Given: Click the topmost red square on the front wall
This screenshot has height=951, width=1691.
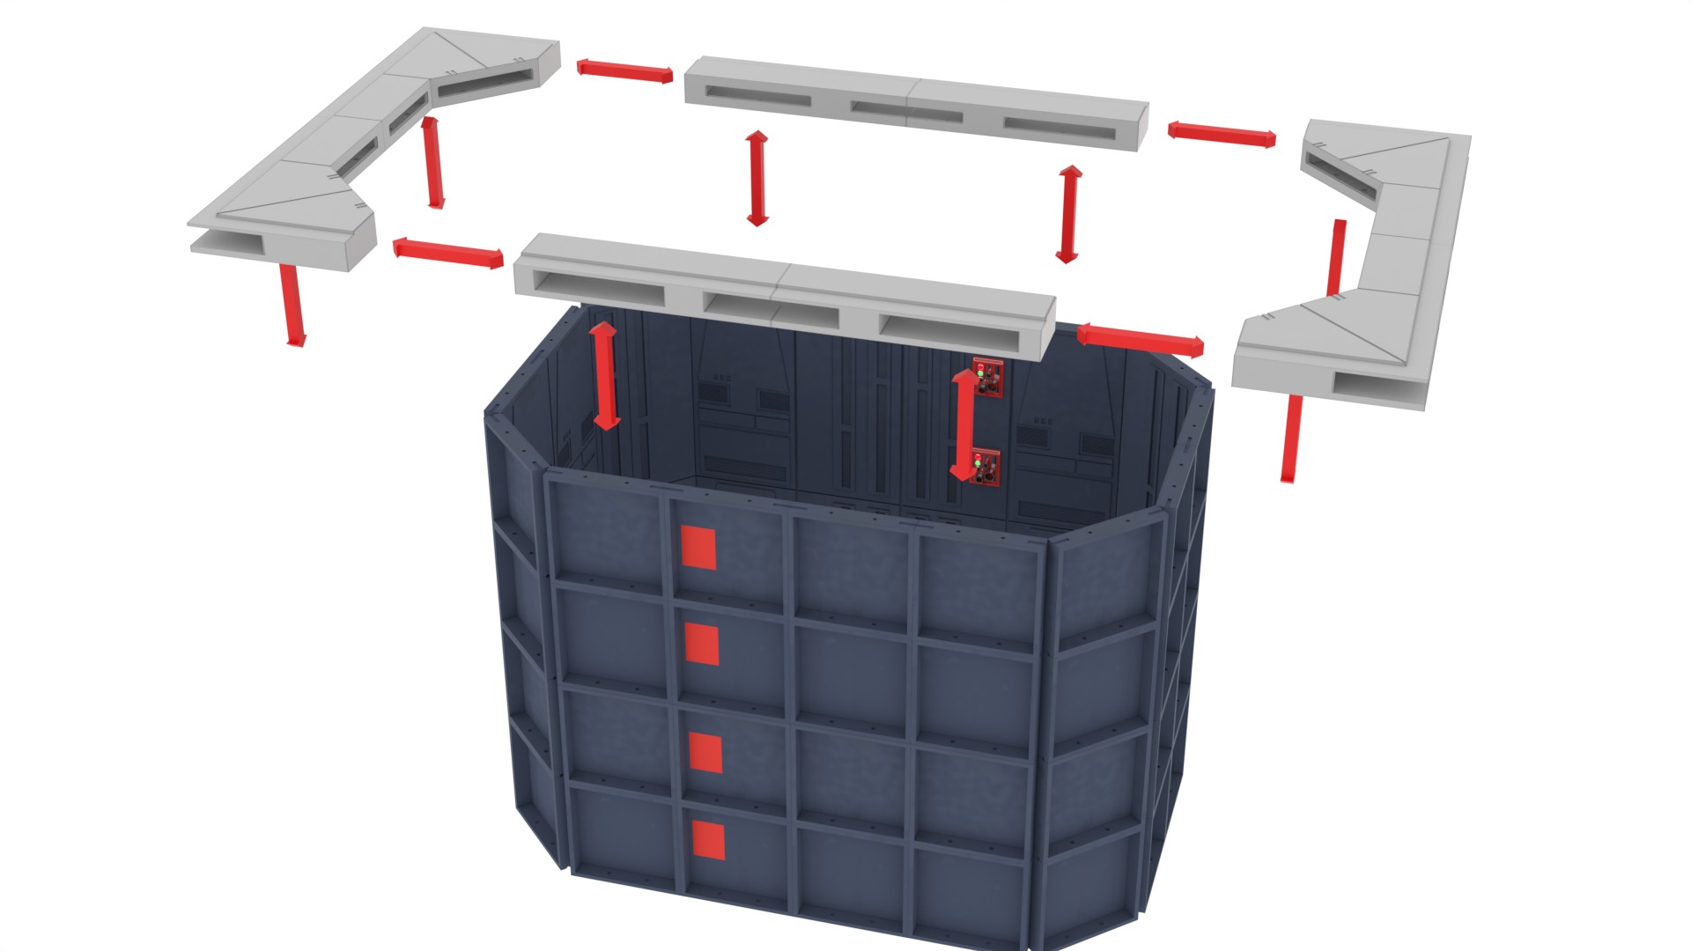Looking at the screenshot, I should click(x=698, y=547).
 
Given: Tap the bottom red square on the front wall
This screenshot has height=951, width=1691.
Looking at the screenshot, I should click(x=708, y=840).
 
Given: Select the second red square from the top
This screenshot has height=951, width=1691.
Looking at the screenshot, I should click(x=701, y=644).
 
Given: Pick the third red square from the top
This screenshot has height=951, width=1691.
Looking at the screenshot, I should click(x=705, y=753).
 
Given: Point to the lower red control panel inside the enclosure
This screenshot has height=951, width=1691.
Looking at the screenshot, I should click(x=987, y=467).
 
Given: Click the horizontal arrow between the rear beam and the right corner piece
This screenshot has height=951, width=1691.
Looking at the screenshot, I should click(x=1222, y=134).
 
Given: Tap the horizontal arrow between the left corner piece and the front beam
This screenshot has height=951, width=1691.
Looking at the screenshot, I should click(x=448, y=253).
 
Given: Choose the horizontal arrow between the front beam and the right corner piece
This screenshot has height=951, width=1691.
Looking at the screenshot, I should click(x=1140, y=339).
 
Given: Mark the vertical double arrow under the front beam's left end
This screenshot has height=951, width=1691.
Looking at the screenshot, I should click(x=604, y=376).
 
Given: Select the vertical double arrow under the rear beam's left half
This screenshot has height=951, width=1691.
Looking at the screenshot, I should click(x=756, y=179).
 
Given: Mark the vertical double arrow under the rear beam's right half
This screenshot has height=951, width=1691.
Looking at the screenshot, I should click(x=1068, y=214).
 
